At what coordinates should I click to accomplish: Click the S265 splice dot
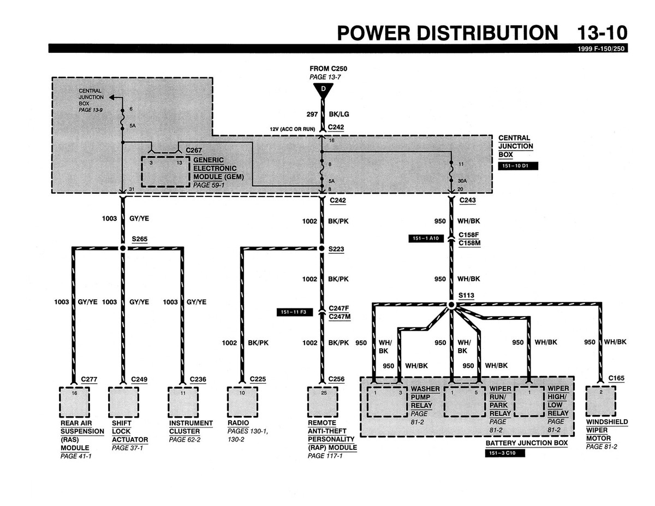[x=122, y=248]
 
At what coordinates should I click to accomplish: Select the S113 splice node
[x=451, y=304]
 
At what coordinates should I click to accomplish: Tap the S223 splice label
[x=337, y=248]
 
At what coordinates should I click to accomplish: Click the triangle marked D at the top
[x=323, y=90]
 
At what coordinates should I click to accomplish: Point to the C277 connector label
[x=89, y=379]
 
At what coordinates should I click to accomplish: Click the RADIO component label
[x=238, y=423]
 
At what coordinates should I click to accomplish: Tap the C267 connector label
[x=194, y=150]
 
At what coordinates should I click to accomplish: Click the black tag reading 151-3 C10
[x=504, y=453]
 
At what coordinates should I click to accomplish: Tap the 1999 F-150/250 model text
[x=603, y=49]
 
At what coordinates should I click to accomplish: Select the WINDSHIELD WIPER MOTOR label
[x=606, y=430]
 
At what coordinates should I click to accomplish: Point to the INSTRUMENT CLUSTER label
[x=190, y=427]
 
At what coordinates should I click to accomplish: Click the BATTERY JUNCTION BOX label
[x=526, y=443]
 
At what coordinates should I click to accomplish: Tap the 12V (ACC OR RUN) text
[x=293, y=128]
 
